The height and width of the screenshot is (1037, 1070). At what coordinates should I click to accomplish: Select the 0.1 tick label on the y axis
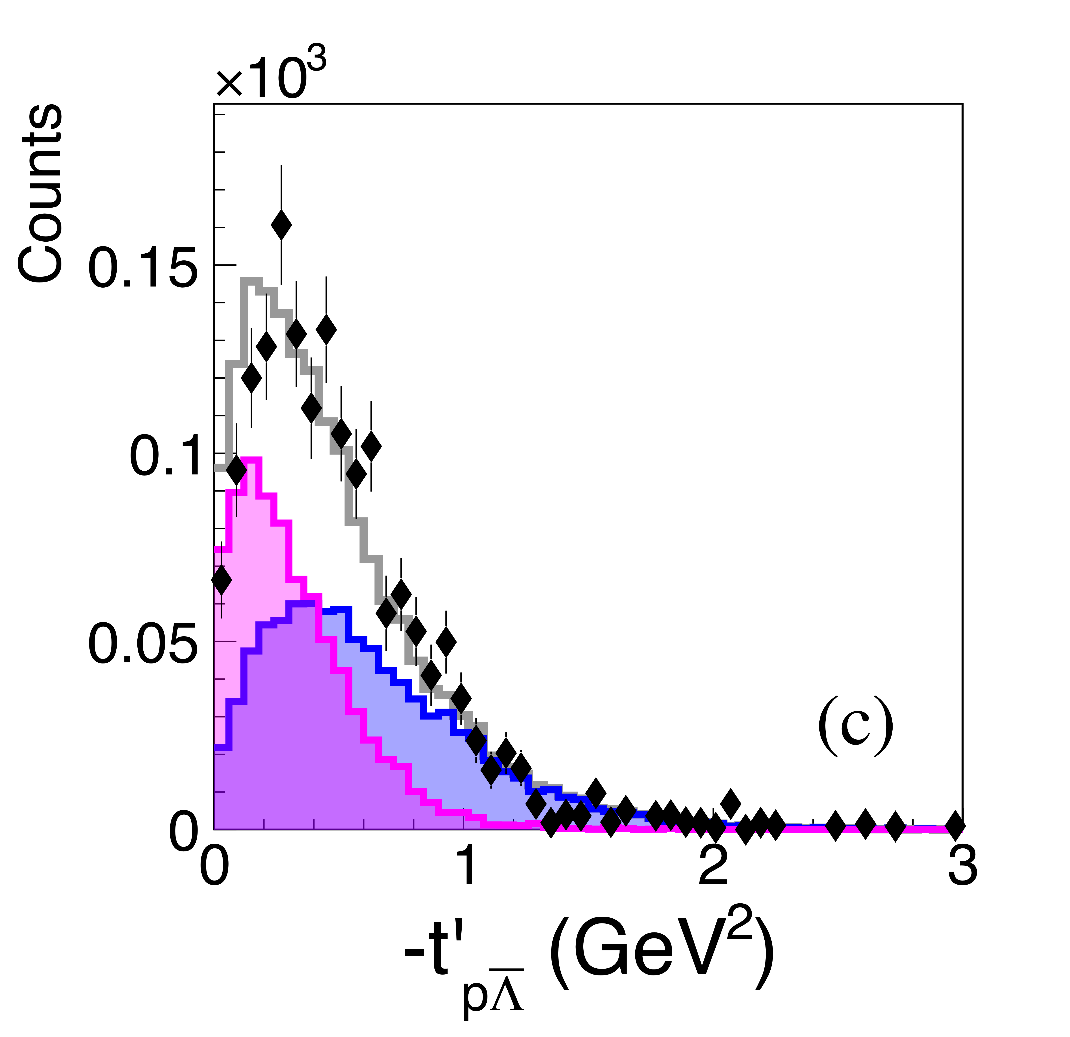(163, 458)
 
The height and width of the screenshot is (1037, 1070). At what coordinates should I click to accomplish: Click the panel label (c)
(855, 725)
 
